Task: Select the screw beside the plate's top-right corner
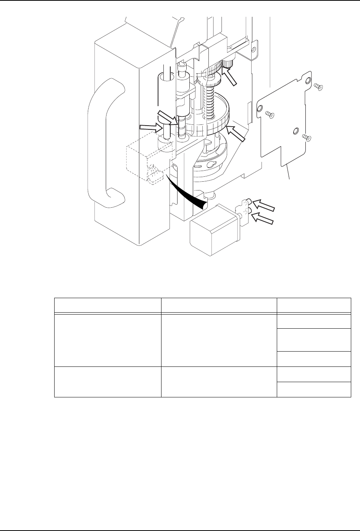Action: [318, 87]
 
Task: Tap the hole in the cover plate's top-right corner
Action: [307, 81]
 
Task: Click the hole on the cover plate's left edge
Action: [260, 110]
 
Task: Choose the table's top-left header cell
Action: [107, 305]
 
